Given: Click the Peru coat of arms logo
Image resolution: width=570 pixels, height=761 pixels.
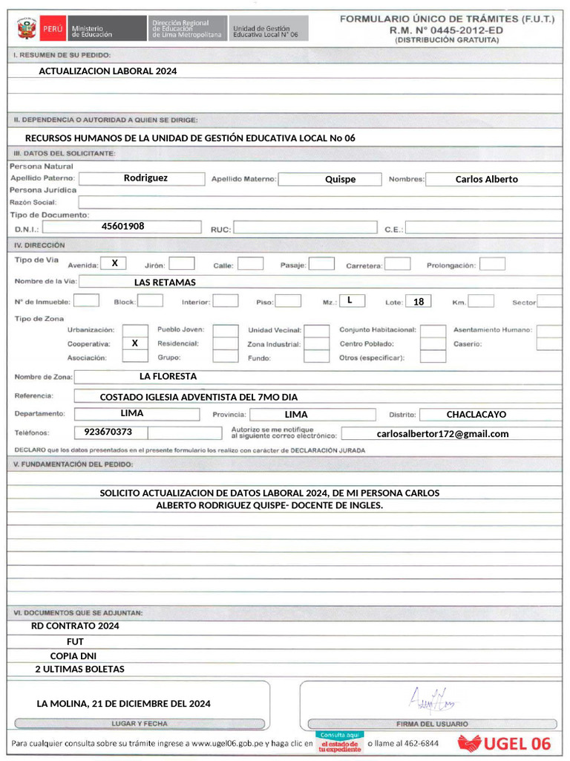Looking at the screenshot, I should (x=26, y=30).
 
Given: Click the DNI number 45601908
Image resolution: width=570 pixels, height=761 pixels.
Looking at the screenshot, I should (x=123, y=226).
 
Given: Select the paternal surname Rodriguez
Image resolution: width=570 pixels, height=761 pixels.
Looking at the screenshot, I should (x=145, y=178).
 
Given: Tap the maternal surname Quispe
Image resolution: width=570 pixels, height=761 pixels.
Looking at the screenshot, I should (x=340, y=179).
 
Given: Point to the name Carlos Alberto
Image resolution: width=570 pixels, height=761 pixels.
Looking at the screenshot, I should (x=486, y=179).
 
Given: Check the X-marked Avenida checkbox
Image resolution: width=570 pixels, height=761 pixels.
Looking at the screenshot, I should (x=114, y=263).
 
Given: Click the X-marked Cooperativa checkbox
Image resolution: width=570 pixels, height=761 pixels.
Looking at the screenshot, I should (x=134, y=343).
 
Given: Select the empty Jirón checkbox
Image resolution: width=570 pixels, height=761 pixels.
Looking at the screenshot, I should (x=182, y=264).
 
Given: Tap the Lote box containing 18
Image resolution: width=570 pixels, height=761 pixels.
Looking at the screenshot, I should (x=419, y=302).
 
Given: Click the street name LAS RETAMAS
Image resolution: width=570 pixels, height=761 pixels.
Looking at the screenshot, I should (x=165, y=282).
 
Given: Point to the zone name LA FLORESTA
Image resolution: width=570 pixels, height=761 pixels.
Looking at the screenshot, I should (x=168, y=376).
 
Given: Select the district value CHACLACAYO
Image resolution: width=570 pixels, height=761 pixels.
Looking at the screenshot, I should (x=476, y=414).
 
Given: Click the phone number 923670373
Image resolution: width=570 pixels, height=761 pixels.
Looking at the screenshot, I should (x=108, y=432).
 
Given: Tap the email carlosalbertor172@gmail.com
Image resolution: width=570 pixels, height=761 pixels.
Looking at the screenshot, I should (x=442, y=433).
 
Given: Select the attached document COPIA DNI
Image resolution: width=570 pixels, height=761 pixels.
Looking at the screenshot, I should (x=73, y=656).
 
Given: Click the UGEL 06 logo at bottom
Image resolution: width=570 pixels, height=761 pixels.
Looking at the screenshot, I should (x=505, y=743).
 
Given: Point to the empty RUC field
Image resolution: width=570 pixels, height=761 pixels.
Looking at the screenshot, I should (x=305, y=228).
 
